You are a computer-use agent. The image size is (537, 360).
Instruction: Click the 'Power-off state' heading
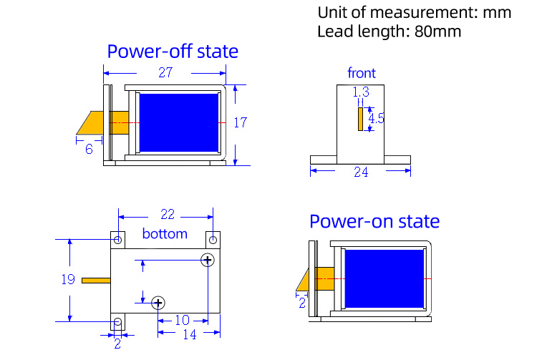coord(173,52)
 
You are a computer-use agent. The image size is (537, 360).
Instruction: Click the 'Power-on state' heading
coord(374,221)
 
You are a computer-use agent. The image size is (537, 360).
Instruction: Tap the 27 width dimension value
coord(165,73)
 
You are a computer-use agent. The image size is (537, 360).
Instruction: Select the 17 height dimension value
coord(240,122)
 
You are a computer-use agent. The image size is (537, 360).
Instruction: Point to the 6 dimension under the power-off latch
coord(89,149)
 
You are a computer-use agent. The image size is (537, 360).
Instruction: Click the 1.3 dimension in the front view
coord(361,92)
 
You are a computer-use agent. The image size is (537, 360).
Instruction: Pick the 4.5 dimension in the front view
coord(377,118)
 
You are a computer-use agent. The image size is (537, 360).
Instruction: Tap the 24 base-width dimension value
coord(360,172)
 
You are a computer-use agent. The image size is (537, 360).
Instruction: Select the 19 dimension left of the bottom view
coord(67,279)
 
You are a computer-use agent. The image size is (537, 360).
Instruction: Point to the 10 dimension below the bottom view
coord(182,320)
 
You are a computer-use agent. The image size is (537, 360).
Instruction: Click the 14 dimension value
coord(189,334)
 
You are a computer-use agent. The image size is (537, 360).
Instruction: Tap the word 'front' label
coord(362,73)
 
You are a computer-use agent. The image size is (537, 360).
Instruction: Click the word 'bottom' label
coord(165,234)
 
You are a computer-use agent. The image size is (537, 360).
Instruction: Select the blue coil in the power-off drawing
coord(178,122)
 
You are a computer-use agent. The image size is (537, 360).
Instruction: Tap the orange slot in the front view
coord(361,119)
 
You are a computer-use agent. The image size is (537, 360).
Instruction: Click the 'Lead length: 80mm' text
coord(389,31)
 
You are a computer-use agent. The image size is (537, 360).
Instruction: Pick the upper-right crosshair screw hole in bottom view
coord(208,260)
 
